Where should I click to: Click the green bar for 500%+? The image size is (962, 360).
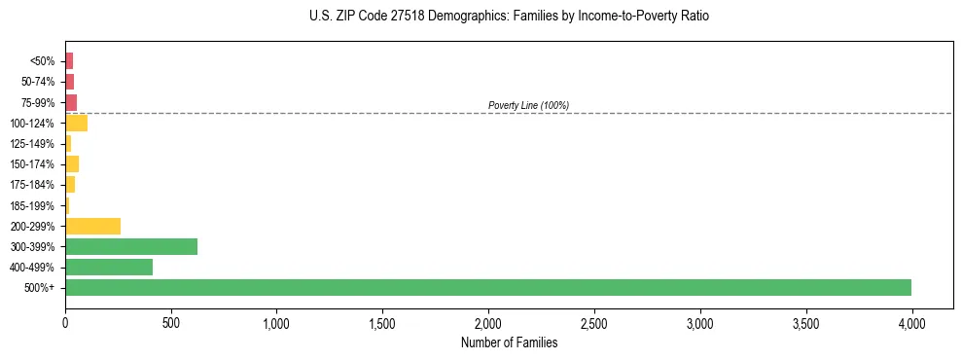(x=488, y=287)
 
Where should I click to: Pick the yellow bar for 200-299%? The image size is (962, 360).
(x=92, y=226)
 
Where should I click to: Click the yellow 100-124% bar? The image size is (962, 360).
(x=76, y=123)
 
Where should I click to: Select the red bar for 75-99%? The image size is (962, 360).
(x=71, y=102)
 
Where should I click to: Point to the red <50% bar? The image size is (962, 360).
(x=69, y=60)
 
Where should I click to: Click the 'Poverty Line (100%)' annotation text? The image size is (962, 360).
(x=528, y=105)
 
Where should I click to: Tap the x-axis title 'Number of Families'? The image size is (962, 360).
(x=509, y=342)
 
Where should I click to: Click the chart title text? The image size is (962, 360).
(x=509, y=17)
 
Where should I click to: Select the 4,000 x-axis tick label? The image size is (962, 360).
(x=911, y=322)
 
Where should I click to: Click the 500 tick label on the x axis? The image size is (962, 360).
(x=171, y=322)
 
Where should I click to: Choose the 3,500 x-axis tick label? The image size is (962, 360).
(x=805, y=322)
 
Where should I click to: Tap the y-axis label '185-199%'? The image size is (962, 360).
(x=33, y=205)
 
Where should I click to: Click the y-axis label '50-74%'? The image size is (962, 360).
(x=37, y=82)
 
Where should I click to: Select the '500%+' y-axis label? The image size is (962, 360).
(x=40, y=288)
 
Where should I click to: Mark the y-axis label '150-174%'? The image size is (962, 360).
(x=33, y=164)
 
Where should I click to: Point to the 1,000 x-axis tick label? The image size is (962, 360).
(x=276, y=322)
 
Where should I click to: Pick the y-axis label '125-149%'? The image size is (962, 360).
(x=33, y=144)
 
